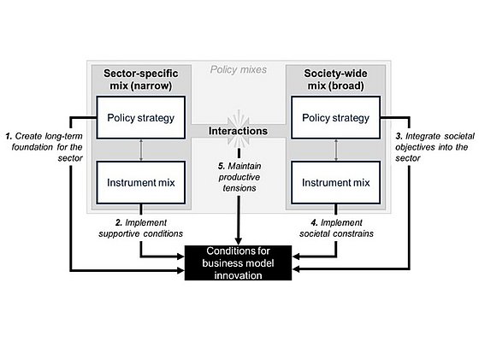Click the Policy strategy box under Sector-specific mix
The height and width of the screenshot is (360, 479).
click(141, 117)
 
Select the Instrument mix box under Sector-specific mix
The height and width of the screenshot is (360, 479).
click(141, 183)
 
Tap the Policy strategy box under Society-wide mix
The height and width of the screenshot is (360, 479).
click(335, 117)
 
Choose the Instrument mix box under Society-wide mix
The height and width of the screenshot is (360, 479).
click(335, 183)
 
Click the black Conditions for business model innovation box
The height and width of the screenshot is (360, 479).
click(238, 263)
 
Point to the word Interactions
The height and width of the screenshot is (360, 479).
click(238, 131)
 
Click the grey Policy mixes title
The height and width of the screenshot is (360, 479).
click(239, 69)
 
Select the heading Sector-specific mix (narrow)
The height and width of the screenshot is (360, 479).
click(141, 80)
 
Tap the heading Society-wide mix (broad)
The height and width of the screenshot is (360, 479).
click(335, 80)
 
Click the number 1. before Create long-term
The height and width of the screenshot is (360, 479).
click(9, 136)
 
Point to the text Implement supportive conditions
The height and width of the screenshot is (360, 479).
click(141, 228)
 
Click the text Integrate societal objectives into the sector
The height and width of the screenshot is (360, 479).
click(435, 147)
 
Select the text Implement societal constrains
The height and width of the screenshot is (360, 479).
click(336, 228)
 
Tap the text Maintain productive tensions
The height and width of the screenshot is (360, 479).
click(239, 177)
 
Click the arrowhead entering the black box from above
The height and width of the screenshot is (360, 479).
click(239, 241)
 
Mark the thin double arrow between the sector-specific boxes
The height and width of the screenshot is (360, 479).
click(141, 150)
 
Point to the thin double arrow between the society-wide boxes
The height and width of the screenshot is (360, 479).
click(336, 150)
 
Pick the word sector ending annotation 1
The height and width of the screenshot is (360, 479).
click(70, 158)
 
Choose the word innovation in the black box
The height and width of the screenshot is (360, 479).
click(238, 275)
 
